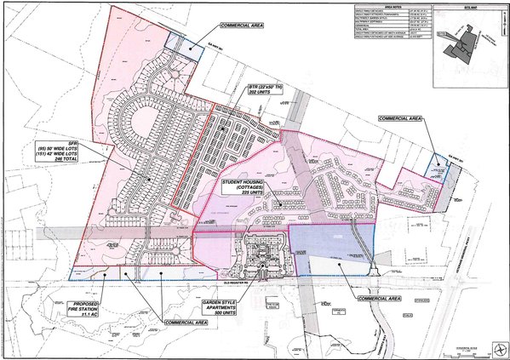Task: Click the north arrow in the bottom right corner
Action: point(496,346)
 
